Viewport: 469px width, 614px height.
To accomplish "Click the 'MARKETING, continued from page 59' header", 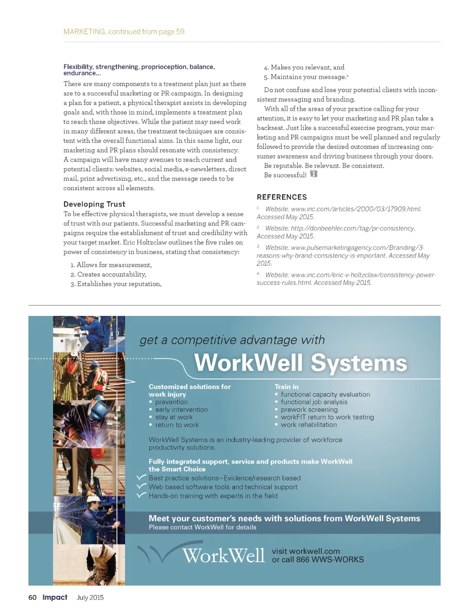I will click(124, 32).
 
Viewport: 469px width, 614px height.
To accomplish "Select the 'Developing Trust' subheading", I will click(94, 204).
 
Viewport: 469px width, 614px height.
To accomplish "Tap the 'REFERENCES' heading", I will click(282, 197).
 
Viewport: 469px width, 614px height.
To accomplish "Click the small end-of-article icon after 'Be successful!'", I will click(314, 174).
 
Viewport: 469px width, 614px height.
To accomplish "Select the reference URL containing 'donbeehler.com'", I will click(353, 228).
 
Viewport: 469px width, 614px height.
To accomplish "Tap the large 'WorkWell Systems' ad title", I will click(300, 363).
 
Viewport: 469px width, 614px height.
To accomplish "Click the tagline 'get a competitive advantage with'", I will click(232, 340).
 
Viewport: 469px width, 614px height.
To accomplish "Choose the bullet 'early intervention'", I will click(181, 410).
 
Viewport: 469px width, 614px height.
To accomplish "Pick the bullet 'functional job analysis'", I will click(314, 402).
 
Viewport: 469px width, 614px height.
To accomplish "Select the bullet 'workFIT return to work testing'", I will click(327, 417).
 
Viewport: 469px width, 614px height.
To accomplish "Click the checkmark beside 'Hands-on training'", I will click(142, 495).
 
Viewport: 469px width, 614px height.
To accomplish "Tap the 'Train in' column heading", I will click(286, 387).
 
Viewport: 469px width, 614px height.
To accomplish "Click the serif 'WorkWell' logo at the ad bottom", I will click(223, 556).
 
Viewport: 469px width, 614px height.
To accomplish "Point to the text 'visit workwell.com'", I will click(306, 551).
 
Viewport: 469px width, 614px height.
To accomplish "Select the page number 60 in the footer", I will click(33, 598).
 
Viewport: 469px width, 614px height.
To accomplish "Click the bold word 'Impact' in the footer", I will click(55, 598).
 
